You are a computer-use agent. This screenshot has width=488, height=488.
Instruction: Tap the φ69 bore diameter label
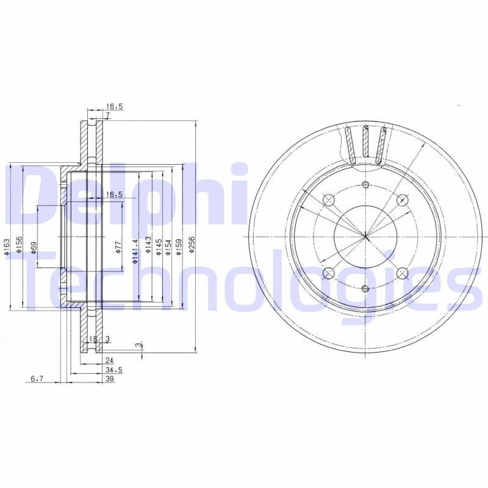tap(34, 248)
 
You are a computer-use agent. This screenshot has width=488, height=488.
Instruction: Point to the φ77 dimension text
tap(118, 248)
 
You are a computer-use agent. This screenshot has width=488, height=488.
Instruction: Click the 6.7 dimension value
tap(37, 379)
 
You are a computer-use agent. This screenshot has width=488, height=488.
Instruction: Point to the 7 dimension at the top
tap(107, 115)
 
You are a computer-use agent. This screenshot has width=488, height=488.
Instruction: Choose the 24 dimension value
tap(110, 361)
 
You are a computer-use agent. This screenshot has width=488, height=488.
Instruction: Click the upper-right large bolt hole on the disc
tap(401, 200)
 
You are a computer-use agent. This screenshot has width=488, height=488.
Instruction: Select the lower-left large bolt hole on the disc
tap(328, 273)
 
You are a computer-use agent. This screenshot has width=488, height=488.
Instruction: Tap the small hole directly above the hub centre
tap(365, 185)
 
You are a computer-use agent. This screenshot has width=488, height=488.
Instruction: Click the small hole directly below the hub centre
tap(365, 288)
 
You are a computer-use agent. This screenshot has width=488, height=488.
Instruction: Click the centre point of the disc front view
tap(365, 236)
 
